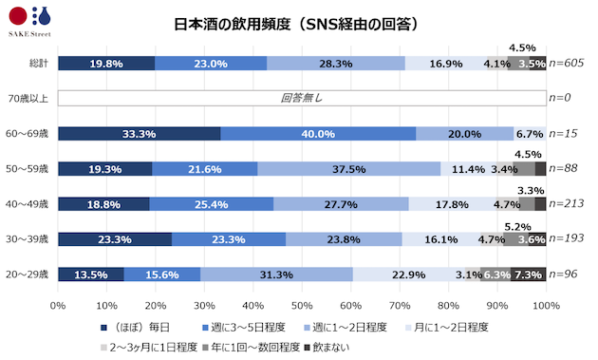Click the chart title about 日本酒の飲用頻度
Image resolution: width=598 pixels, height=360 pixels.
(x=297, y=24)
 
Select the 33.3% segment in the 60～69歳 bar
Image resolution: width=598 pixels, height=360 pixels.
(x=139, y=134)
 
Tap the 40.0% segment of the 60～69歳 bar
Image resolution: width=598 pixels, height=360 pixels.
(x=318, y=134)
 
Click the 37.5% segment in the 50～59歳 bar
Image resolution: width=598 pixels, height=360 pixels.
(x=348, y=169)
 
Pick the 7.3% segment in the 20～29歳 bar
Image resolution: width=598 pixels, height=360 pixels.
(x=528, y=275)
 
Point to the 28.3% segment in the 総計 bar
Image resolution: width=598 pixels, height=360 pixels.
(x=336, y=64)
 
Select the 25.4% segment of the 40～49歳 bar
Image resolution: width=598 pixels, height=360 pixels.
(x=212, y=204)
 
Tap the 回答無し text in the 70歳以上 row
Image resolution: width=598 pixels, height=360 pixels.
(x=301, y=98)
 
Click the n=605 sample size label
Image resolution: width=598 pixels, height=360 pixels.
(x=567, y=64)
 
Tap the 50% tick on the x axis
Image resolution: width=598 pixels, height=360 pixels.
(x=302, y=304)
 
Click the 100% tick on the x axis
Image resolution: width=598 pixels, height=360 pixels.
(x=546, y=304)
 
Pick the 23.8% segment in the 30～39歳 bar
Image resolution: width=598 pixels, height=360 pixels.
(x=344, y=239)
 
